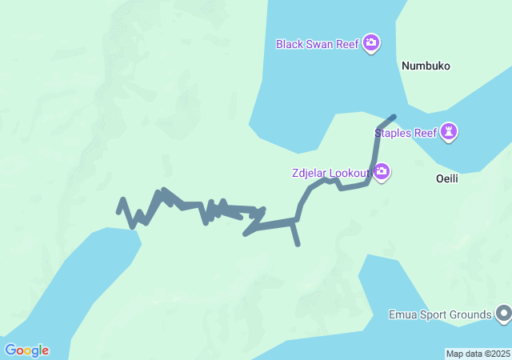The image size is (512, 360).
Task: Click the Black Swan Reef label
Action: coord(317,43)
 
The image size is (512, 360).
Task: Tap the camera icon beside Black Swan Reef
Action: coord(370,42)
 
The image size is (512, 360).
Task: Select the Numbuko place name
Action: coord(427,66)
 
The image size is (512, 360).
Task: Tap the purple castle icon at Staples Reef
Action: coord(450,132)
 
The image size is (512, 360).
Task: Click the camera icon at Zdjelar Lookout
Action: coord(382,171)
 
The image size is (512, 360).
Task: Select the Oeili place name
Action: coord(446,179)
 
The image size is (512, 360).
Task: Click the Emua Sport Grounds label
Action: coord(439,314)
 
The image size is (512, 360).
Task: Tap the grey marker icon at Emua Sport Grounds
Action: coord(503,314)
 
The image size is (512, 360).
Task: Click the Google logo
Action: coord(26,350)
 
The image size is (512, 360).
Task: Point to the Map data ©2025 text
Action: coord(478,354)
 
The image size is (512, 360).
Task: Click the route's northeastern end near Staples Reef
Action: coord(393,118)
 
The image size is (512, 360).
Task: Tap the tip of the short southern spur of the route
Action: coord(298,244)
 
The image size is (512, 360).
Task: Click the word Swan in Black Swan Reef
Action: coord(320,43)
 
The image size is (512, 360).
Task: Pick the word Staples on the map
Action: coord(393,133)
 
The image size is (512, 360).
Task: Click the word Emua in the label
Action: coord(402,314)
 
